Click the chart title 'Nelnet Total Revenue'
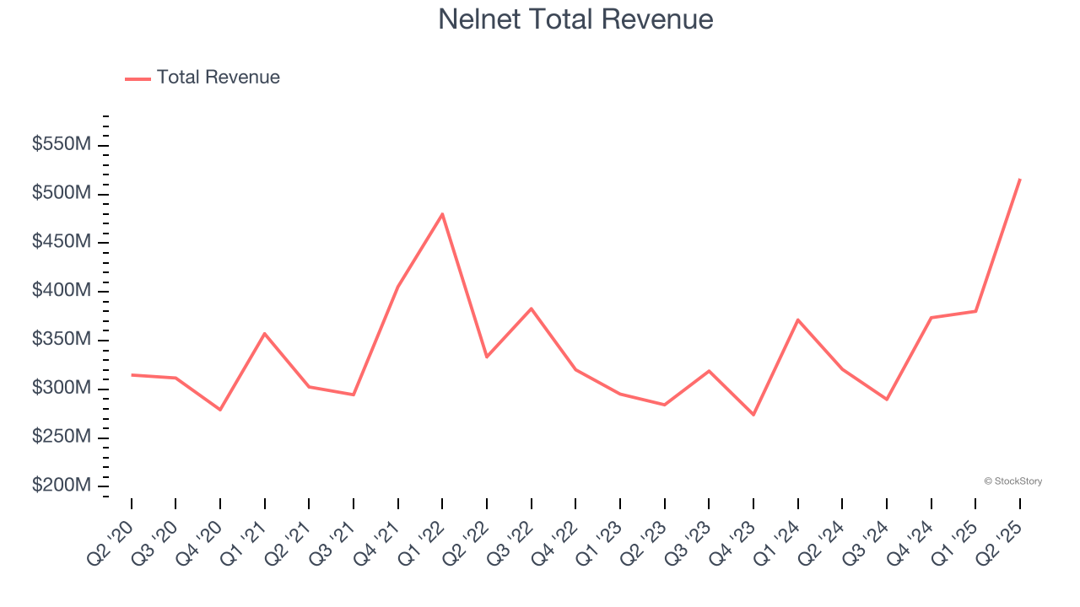click(x=575, y=19)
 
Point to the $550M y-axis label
click(x=61, y=145)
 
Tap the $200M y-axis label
click(x=61, y=486)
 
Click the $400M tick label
click(x=61, y=291)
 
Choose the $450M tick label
click(x=61, y=242)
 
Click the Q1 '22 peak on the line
click(x=442, y=214)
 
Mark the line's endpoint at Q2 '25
click(x=1020, y=179)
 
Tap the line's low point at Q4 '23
click(x=753, y=415)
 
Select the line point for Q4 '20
click(x=220, y=410)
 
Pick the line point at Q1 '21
click(x=265, y=333)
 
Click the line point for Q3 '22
click(x=531, y=309)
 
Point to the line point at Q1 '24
click(x=797, y=320)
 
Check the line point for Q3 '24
click(x=887, y=400)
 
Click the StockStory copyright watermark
click(x=1012, y=481)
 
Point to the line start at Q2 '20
click(x=132, y=374)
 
